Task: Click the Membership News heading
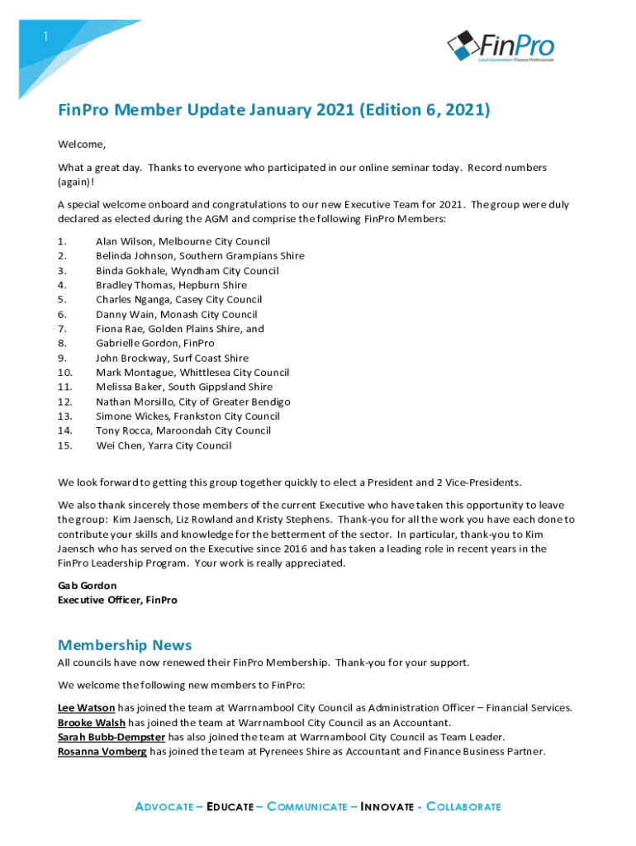click(125, 644)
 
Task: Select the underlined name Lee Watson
click(86, 707)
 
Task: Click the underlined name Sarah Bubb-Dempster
click(111, 736)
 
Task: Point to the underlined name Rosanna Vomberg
click(102, 751)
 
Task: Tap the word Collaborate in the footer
click(462, 806)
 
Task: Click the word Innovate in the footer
click(387, 806)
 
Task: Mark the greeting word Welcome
click(80, 145)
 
